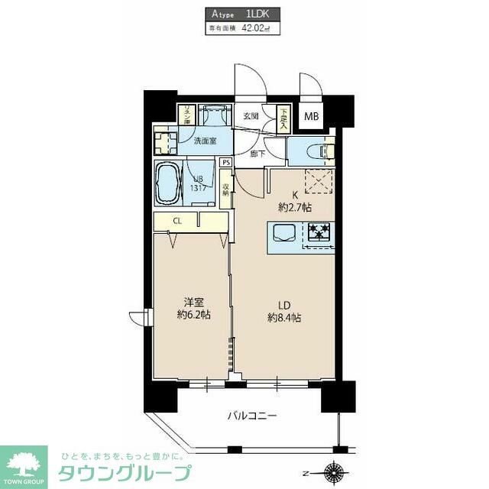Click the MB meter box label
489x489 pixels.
[x=313, y=117]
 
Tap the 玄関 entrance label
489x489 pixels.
[x=251, y=117]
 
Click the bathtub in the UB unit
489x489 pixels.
[x=168, y=183]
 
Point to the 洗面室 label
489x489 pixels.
[x=205, y=141]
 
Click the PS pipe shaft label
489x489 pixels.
[x=225, y=163]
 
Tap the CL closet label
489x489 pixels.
[x=176, y=221]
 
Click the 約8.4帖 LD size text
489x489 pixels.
[x=283, y=317]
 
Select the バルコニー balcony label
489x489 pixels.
[x=251, y=416]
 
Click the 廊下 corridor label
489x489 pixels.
[x=257, y=153]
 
